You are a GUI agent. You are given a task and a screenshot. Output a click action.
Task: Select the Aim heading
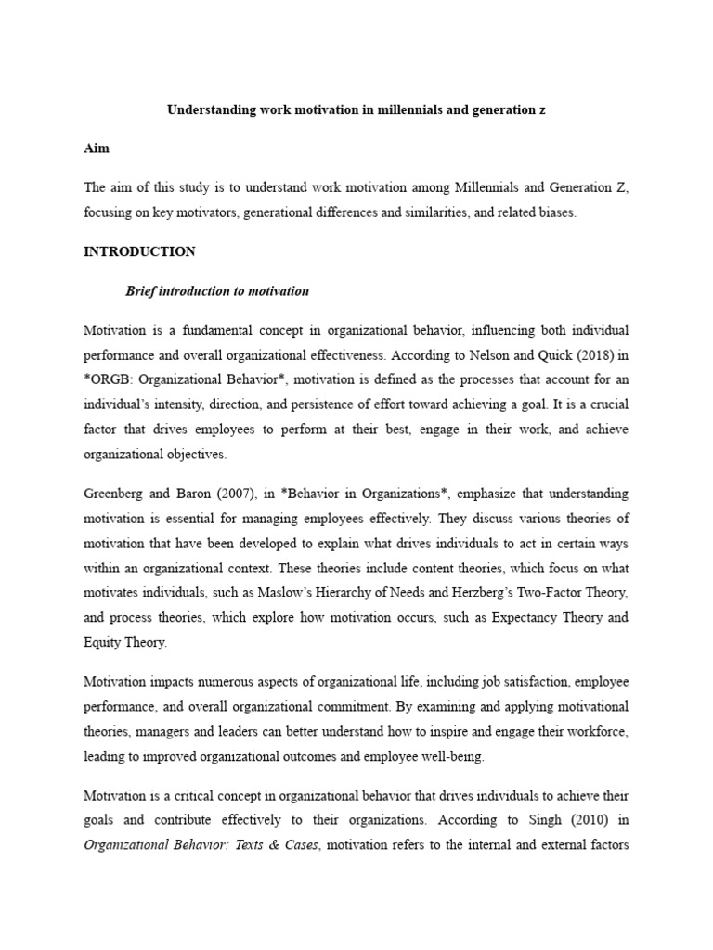pos(97,148)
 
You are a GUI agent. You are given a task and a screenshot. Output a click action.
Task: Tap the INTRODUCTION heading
pos(139,251)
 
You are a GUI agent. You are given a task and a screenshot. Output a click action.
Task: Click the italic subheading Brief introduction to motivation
pos(217,291)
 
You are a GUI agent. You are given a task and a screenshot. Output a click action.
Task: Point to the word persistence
pos(289,404)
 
